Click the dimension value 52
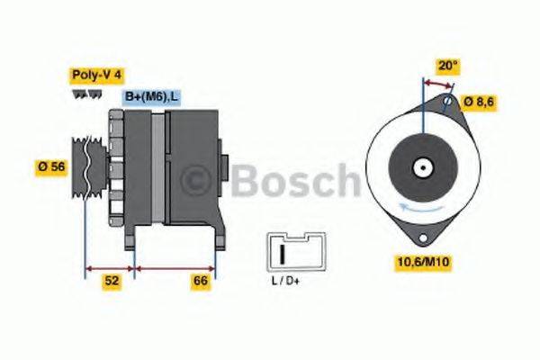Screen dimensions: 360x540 coord(112,282)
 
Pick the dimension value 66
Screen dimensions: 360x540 coord(201,282)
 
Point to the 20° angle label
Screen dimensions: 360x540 coord(447,65)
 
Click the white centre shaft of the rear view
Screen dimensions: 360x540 coord(420,167)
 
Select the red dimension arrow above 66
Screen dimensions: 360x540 coord(175,267)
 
